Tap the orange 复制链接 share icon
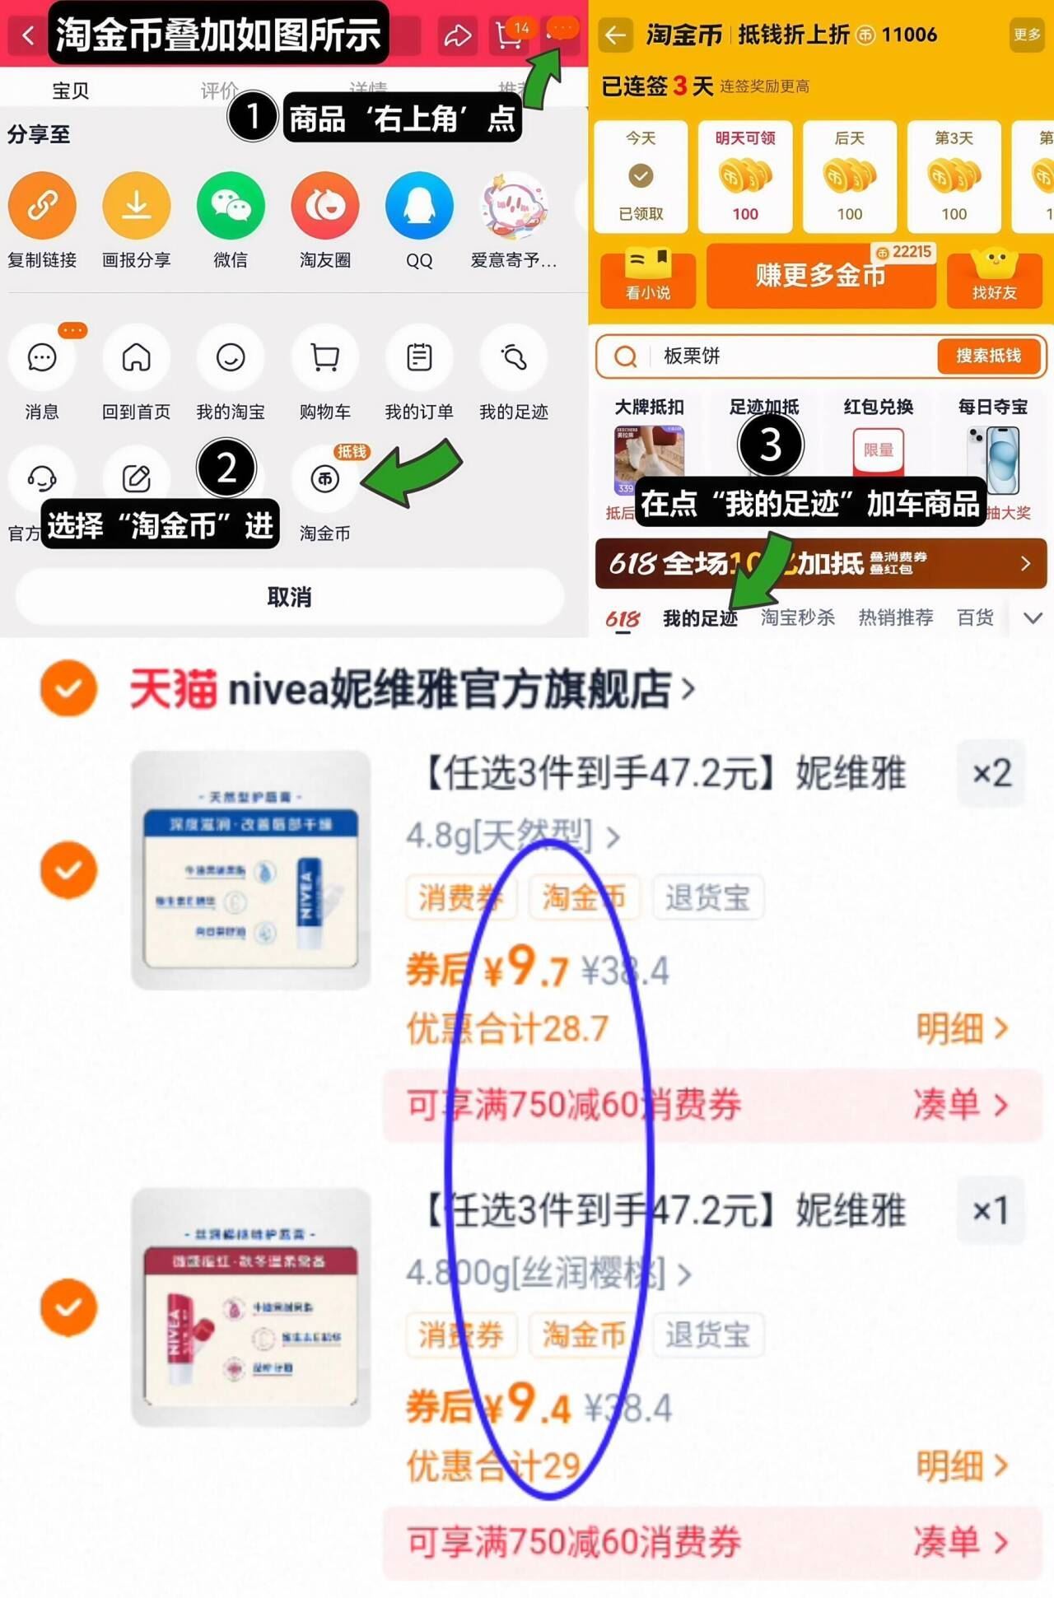[42, 205]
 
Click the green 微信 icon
[231, 205]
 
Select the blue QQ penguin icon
[419, 205]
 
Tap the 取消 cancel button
[289, 597]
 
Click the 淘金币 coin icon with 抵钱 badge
[325, 478]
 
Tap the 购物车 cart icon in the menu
[325, 358]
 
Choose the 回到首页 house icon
[137, 358]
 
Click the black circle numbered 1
[253, 116]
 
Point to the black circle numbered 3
[770, 445]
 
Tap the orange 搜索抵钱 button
[988, 356]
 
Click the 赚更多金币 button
[820, 276]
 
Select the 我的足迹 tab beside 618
[700, 618]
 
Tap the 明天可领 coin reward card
[745, 176]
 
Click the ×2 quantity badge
[991, 773]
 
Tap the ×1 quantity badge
[991, 1210]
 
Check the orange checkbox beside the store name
[68, 688]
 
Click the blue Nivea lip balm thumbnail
[251, 869]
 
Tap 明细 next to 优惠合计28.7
[962, 1028]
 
